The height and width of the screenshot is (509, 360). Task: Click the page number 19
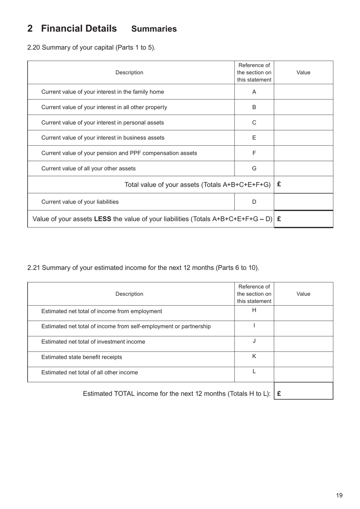pos(339,495)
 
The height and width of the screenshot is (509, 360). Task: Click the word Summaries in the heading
pos(154,29)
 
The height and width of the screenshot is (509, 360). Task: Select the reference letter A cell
pos(254,92)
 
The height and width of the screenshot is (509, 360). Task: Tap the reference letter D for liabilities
pos(254,202)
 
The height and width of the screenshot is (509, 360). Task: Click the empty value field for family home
pos(303,92)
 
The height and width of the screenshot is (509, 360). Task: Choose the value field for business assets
pos(303,138)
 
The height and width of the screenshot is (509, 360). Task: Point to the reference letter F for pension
pos(254,153)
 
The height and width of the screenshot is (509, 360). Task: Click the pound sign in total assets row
pos(279,184)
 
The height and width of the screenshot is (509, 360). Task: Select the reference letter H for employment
pos(254,310)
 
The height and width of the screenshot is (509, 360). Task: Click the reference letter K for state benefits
pos(254,356)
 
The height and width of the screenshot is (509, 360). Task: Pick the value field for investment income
pos(303,344)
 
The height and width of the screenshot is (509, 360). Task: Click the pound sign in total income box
pos(279,393)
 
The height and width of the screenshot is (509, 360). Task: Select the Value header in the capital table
pos(303,72)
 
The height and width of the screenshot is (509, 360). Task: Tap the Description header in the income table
pos(129,294)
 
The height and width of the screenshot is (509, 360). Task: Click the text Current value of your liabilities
pos(80,202)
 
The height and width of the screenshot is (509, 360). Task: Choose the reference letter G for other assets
pos(254,168)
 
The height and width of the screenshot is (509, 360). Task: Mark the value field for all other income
pos(303,374)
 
